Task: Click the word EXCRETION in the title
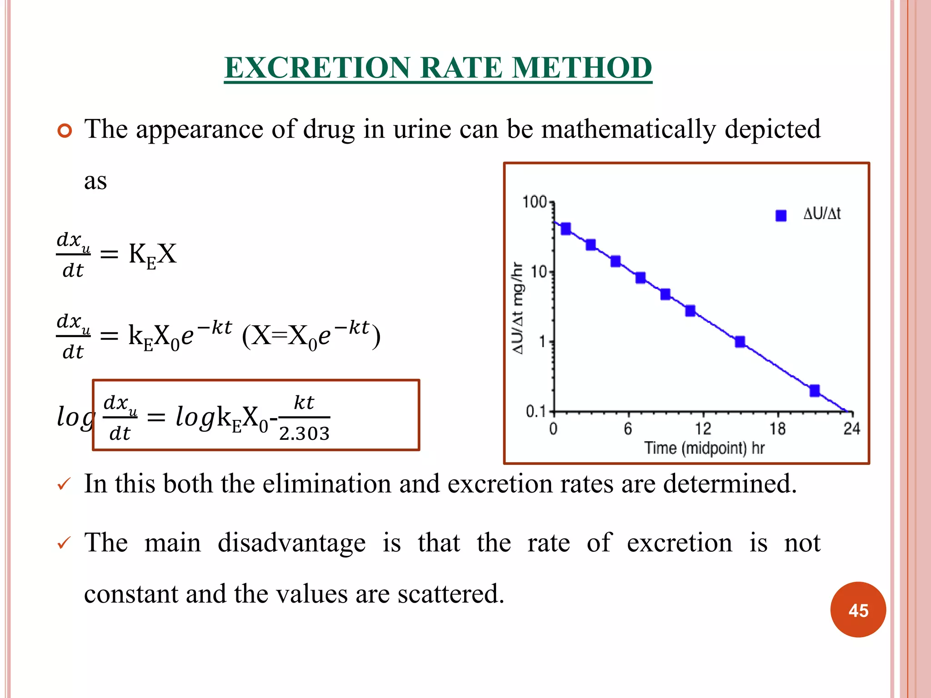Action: [317, 68]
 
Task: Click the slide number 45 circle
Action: [858, 610]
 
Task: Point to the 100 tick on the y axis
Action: [535, 202]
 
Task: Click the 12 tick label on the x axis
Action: [703, 429]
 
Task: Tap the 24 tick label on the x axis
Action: [851, 429]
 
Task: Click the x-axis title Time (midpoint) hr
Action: [704, 448]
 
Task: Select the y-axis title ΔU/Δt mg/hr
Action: [518, 308]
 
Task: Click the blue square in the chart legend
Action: [781, 215]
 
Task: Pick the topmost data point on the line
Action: [566, 229]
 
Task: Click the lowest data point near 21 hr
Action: [815, 390]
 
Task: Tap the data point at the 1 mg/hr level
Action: [740, 342]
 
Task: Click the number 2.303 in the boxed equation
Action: [304, 434]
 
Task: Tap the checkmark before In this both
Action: [64, 484]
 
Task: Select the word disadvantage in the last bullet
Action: [291, 543]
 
